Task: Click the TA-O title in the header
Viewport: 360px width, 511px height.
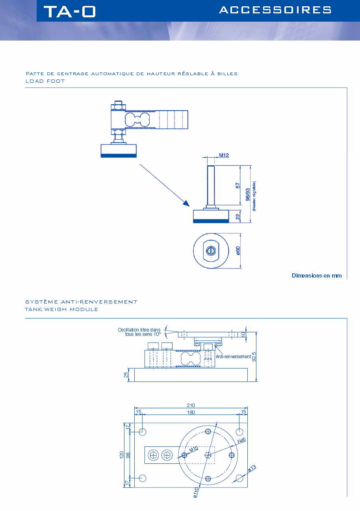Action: (x=70, y=11)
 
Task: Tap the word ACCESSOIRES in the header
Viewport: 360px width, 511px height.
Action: (x=275, y=10)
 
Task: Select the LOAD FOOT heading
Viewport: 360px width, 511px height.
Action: (x=45, y=81)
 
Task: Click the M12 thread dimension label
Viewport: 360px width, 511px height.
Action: (x=224, y=155)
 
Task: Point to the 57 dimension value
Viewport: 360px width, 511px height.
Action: (x=238, y=185)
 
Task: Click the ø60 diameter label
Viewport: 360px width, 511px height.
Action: (x=238, y=251)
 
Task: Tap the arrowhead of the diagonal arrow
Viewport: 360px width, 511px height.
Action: (x=185, y=203)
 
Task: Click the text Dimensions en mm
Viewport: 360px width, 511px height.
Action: (x=317, y=276)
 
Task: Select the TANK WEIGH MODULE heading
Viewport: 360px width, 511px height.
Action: (x=61, y=309)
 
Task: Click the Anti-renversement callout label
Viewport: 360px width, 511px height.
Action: (x=233, y=357)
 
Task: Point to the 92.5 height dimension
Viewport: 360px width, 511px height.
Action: (x=254, y=357)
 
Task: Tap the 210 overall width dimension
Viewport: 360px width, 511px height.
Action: (x=191, y=405)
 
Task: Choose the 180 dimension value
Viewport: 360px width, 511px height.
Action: (x=191, y=412)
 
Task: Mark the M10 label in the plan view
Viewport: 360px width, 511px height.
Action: (x=193, y=450)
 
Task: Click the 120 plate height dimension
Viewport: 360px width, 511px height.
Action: (x=122, y=455)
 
